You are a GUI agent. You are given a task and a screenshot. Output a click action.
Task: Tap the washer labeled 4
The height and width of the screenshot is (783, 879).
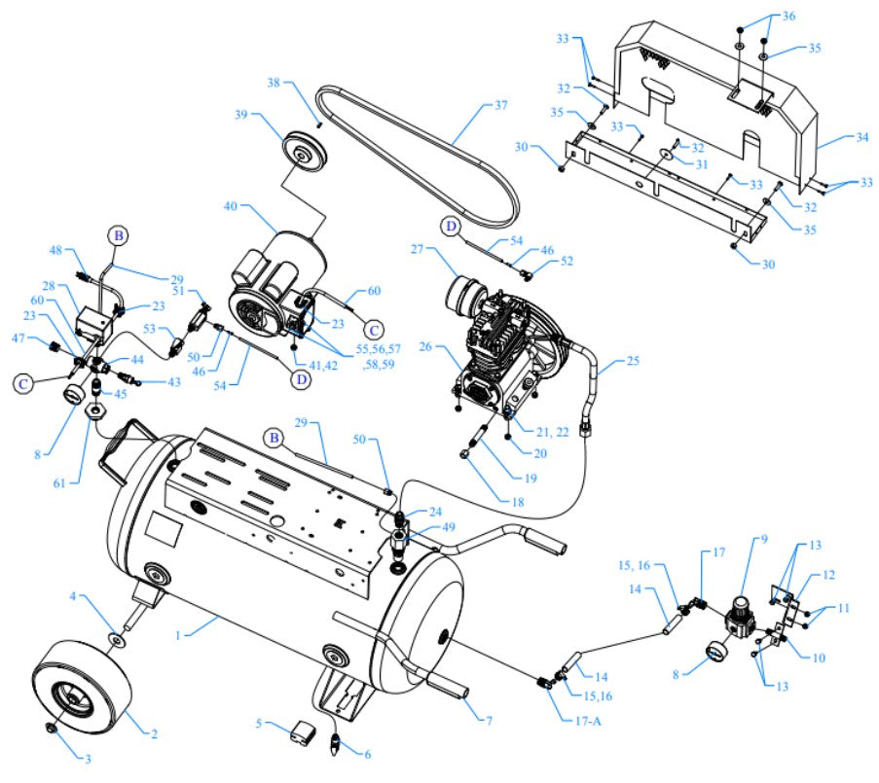[116, 639]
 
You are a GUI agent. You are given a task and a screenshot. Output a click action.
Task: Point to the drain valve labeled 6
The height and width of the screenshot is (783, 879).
[337, 747]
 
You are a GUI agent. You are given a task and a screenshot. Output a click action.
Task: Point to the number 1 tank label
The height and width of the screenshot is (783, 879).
[179, 633]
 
